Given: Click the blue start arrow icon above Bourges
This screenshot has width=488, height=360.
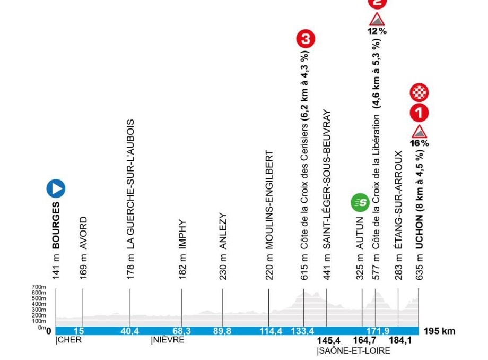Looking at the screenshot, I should point(56,188).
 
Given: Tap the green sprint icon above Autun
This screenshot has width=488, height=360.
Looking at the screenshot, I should point(359,202).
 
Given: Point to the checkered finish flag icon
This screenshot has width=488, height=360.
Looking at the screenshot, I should point(420,93).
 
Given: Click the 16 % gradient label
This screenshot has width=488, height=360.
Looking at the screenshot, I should point(420,143).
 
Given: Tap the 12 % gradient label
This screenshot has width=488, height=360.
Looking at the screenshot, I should point(377,31).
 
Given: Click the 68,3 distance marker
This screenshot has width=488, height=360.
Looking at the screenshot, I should point(182,331).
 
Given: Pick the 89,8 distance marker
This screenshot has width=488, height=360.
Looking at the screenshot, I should point(222,331).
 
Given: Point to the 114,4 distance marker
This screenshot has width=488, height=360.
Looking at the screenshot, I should point(269,331).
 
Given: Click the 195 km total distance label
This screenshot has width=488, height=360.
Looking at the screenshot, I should point(440,331).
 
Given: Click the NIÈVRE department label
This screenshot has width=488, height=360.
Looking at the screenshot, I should point(168,340).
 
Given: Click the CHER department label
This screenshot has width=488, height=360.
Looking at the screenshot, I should point(69,340).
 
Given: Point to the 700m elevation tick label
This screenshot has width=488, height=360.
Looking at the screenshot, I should point(39,287).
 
